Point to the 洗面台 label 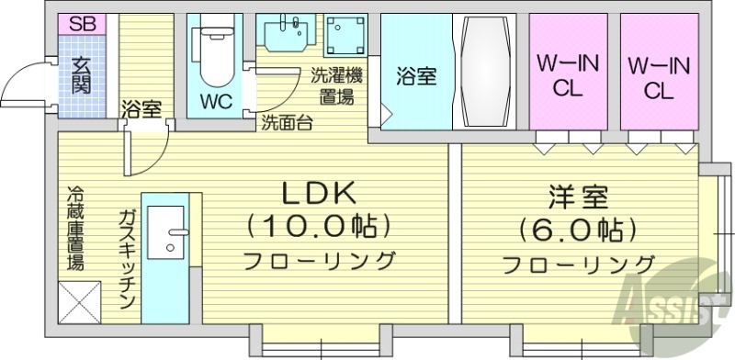286,122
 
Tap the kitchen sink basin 167,230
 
